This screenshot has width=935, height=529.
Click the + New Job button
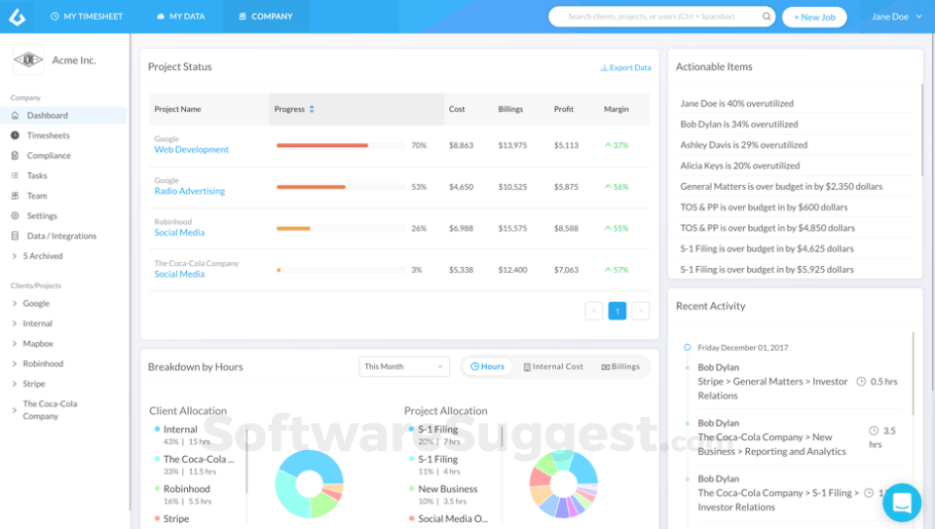tap(814, 17)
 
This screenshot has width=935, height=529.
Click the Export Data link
tap(626, 68)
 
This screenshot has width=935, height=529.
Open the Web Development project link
tap(191, 150)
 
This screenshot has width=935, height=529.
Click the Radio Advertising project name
tap(189, 191)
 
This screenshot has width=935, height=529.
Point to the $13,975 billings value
tap(512, 145)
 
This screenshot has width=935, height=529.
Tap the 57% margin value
tap(617, 270)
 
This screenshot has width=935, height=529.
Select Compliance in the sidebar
tap(49, 156)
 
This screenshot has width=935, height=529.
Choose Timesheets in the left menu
tap(48, 135)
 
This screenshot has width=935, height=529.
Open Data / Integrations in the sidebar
tap(61, 236)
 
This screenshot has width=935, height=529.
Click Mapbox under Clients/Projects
tap(38, 344)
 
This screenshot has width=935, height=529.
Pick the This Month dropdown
tap(403, 366)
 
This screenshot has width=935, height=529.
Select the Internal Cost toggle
tap(553, 366)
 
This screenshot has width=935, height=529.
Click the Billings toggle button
tap(620, 366)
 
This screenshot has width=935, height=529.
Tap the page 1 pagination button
tap(617, 311)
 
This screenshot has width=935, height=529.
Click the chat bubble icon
tap(902, 503)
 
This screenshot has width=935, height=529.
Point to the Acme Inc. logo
tap(28, 60)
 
